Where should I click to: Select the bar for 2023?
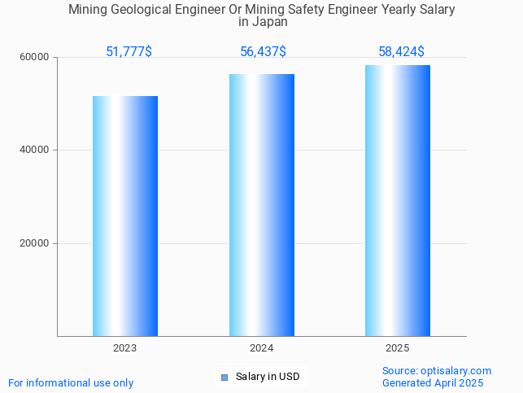[124, 216]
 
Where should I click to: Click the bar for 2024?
[261, 205]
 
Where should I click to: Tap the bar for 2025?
[398, 200]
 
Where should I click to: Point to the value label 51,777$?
[129, 52]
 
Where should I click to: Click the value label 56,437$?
[263, 52]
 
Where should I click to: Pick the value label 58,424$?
[401, 52]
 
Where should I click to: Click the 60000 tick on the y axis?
[36, 57]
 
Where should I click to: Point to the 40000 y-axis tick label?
[36, 151]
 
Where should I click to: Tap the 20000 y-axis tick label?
[36, 243]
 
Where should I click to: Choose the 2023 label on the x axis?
[124, 348]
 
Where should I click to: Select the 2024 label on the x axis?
[261, 348]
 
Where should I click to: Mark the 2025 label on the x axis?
[398, 348]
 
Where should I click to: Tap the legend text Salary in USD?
[268, 377]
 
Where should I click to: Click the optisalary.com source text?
[437, 371]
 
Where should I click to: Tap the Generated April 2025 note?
[433, 383]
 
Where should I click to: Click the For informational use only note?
[71, 383]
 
